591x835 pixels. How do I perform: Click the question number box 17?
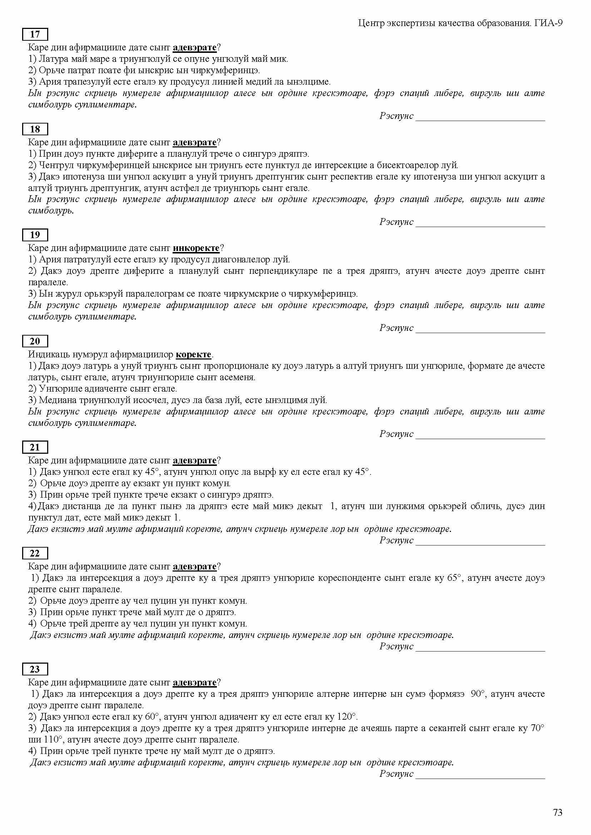click(x=35, y=34)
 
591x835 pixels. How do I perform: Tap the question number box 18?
click(x=35, y=129)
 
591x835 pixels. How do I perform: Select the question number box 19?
click(x=35, y=235)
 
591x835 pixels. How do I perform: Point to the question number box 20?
click(x=35, y=341)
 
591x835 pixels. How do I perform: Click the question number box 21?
click(x=35, y=447)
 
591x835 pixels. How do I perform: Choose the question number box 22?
click(x=35, y=554)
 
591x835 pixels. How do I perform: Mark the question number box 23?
click(x=35, y=669)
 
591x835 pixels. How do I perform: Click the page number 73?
click(x=557, y=812)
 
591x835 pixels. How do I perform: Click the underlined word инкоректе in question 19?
click(x=196, y=248)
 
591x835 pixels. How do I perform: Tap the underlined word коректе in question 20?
click(x=193, y=354)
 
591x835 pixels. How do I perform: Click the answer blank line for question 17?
click(x=480, y=119)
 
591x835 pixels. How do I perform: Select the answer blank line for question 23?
click(x=480, y=778)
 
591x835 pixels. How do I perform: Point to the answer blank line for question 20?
click(x=480, y=438)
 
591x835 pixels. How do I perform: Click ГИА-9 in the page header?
click(x=549, y=23)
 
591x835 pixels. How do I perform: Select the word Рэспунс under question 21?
click(x=396, y=540)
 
